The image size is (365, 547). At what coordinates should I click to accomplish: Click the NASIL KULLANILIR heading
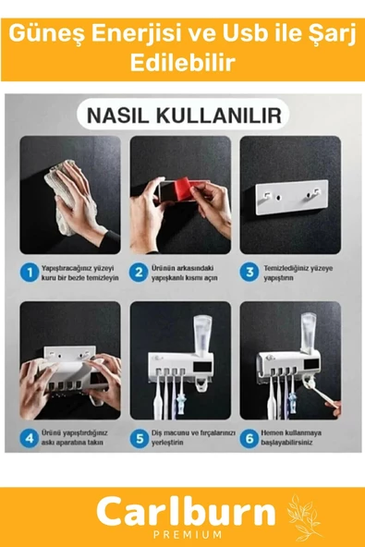[x=181, y=117]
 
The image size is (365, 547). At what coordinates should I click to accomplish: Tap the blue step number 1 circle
[x=31, y=273]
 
